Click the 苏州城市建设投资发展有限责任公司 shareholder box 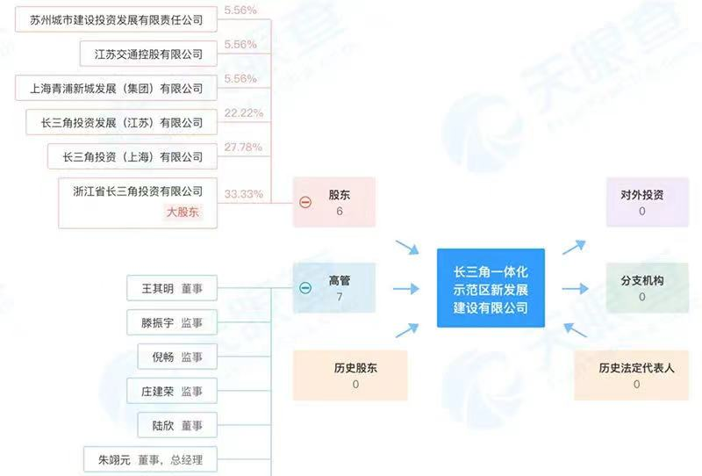pos(116,19)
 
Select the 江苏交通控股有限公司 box pos(148,54)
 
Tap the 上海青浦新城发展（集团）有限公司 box pos(116,89)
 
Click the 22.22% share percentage pos(244,113)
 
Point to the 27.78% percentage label pos(243,147)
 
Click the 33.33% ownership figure pos(244,194)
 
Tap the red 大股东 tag pos(183,212)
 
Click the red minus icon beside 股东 pos(305,202)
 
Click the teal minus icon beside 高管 pos(305,288)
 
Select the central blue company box pos(491,288)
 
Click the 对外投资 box pos(648,202)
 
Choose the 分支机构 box pos(648,288)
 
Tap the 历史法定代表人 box pos(631,375)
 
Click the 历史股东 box pos(350,375)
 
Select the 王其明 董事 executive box pos(172,288)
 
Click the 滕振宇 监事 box pos(172,322)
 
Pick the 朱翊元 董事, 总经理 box pos(150,459)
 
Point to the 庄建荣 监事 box pos(172,391)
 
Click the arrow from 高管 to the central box pos(406,289)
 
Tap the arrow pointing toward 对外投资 pos(574,247)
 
